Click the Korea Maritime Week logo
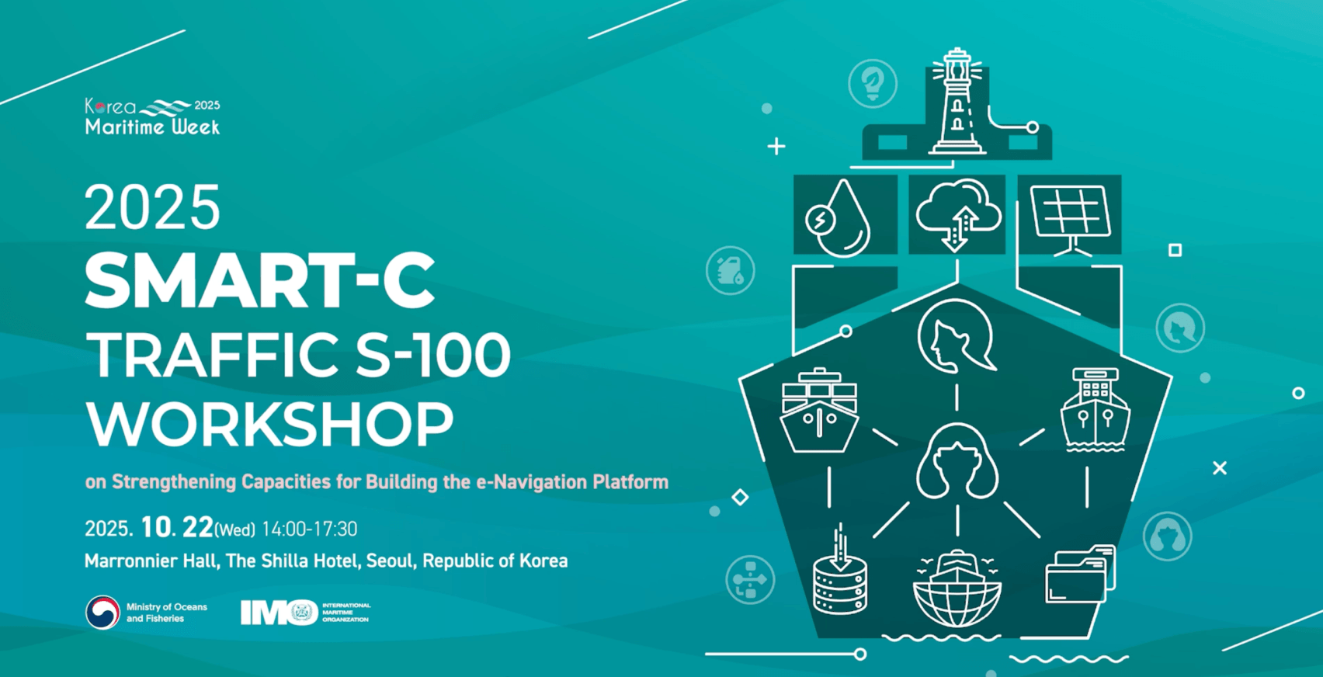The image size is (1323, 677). point(152,116)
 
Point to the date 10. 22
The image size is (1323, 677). point(177,527)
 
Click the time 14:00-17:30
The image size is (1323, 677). point(309,529)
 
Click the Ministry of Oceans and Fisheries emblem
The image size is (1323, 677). point(102,612)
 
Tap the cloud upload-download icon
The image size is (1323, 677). point(958,214)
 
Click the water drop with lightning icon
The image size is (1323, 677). point(838,218)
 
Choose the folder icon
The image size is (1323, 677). point(1080,574)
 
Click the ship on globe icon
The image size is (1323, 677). point(957,588)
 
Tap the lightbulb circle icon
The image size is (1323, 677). point(873,83)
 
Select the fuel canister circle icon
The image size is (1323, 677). point(731,270)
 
